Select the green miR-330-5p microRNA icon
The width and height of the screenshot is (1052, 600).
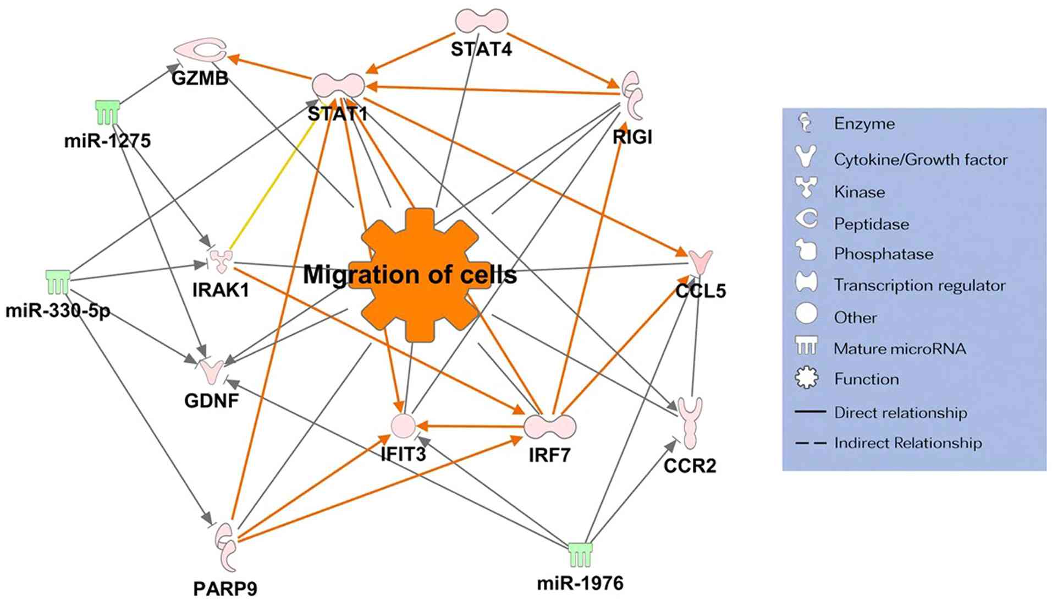(58, 281)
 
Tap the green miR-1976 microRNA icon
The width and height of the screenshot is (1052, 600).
(580, 554)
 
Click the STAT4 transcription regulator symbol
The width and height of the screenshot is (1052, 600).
(481, 20)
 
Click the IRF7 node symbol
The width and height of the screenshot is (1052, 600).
(549, 426)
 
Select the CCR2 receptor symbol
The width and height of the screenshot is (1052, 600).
(690, 422)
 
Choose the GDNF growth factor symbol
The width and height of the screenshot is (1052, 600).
(211, 371)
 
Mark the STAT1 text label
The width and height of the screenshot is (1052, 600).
(337, 114)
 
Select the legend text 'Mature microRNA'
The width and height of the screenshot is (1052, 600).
(900, 348)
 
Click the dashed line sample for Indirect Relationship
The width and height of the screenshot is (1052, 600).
(811, 443)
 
